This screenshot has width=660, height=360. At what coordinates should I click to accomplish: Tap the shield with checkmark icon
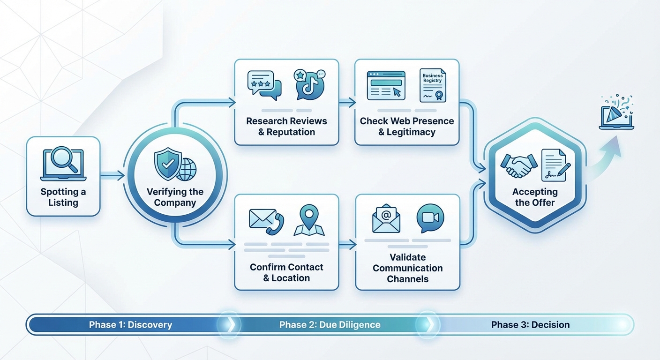point(167,164)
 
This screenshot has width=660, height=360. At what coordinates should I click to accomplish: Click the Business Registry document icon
point(433,85)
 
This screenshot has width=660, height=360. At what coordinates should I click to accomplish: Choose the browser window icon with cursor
point(386,85)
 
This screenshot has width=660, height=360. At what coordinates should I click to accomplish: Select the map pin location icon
point(308,221)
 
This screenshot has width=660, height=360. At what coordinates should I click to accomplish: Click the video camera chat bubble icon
point(430,218)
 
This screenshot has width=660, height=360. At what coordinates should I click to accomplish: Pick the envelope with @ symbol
point(386,218)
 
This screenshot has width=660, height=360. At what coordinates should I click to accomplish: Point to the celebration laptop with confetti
point(616,113)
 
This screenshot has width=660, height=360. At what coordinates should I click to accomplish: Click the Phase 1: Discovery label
point(130,325)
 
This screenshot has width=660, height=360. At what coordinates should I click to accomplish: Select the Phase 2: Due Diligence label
point(330,325)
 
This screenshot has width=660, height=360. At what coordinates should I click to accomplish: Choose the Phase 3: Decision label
point(530,325)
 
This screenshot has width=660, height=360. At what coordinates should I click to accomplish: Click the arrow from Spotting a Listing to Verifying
point(112,175)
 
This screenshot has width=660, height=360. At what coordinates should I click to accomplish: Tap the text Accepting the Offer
point(534,197)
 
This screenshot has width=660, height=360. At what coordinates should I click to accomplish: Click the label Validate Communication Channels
point(407,268)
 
